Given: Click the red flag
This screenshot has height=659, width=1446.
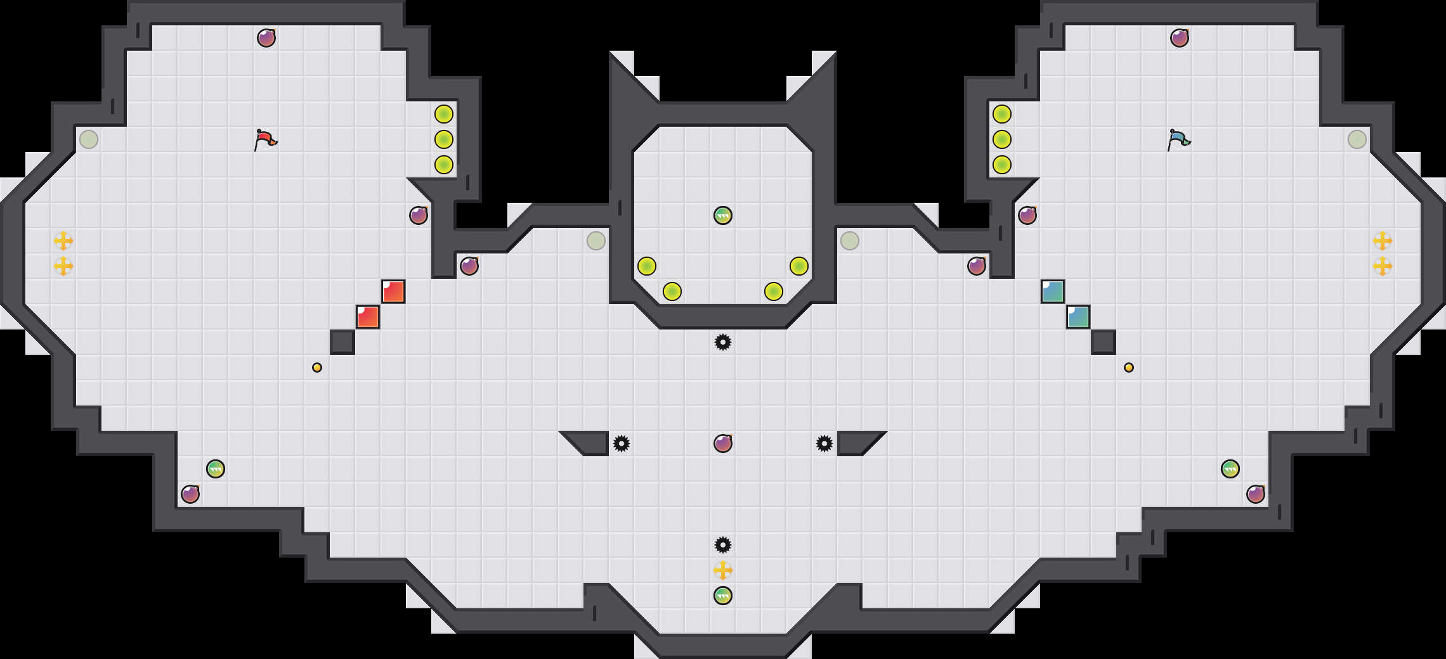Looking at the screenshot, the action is coord(266,139).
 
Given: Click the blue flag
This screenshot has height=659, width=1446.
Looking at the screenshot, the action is coord(1179,139).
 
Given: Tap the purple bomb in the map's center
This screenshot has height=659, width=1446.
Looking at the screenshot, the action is coord(723,444).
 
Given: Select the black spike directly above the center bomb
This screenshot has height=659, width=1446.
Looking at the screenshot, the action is coord(723,342).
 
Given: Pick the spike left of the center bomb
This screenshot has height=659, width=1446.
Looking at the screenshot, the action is coord(622,444).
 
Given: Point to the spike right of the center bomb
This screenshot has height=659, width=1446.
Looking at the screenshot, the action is coord(824,444).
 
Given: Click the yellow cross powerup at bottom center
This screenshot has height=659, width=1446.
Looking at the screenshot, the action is coord(723,570).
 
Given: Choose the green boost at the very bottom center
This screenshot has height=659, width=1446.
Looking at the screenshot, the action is coord(723,596).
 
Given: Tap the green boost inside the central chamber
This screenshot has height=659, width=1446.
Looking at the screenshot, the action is coord(723,215).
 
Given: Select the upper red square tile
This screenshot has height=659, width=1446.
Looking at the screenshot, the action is coord(393,291).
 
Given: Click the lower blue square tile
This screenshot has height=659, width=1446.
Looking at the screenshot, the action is coord(1078,317).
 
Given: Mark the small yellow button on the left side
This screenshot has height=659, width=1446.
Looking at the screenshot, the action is coord(317,368).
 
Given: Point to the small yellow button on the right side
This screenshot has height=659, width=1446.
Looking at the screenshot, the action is coord(1129,368).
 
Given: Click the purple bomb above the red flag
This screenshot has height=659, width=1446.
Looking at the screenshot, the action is coord(266,38).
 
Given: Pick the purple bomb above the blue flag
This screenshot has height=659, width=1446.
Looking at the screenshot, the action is coord(1180,38).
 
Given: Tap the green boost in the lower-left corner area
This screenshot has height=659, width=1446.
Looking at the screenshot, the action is coord(216,469).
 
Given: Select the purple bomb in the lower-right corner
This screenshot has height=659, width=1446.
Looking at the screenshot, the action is coord(1256,494).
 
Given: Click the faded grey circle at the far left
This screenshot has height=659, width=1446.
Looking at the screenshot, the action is coord(89,139).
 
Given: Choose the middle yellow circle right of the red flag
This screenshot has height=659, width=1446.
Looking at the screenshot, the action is coord(444,139).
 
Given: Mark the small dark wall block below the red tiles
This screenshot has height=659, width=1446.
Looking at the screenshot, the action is coord(342,342).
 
